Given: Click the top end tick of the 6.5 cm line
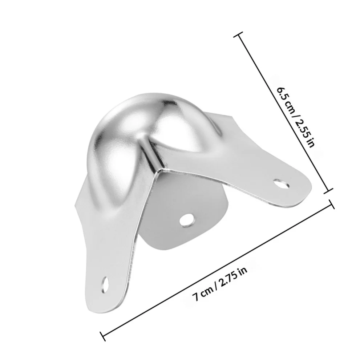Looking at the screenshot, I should [x=239, y=35].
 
